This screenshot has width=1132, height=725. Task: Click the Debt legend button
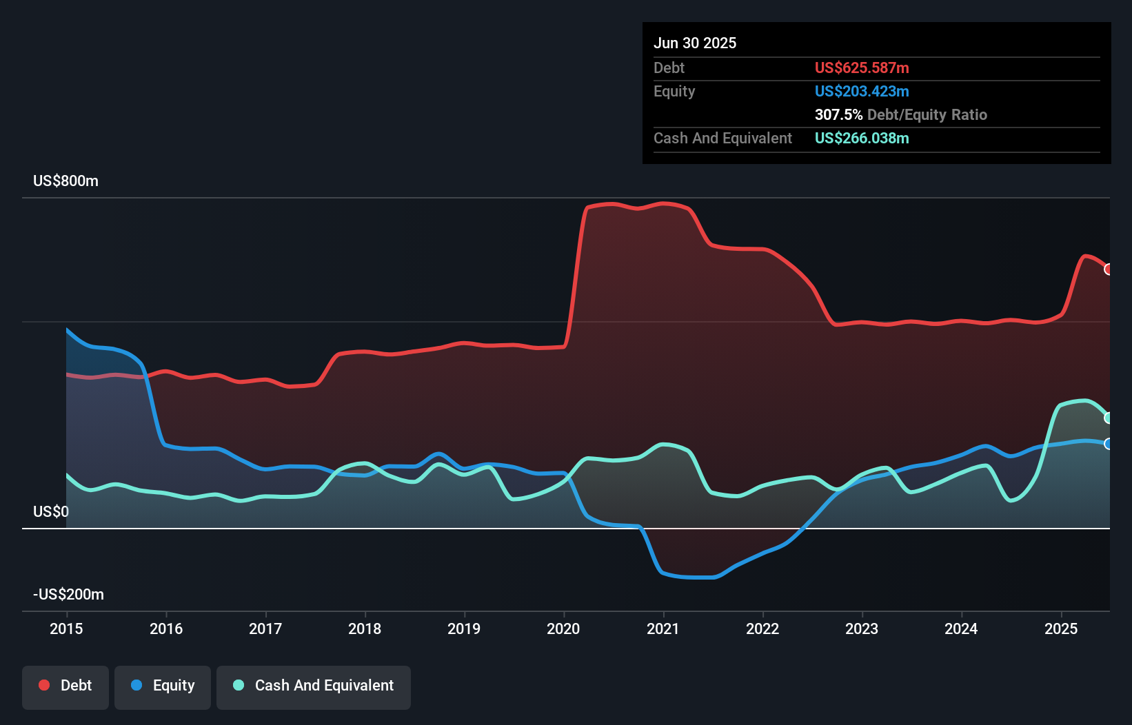65,686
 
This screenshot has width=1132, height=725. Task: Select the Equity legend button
163,686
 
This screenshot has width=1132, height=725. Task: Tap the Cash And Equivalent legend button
314,686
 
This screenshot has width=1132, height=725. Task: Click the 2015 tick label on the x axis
66,629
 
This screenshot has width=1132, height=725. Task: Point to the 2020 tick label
563,629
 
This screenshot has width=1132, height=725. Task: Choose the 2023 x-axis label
862,629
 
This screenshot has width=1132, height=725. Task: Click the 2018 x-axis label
365,629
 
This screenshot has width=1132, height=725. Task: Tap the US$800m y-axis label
65,181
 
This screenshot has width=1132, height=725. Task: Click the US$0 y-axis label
51,511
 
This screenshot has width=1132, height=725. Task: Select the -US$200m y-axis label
68,594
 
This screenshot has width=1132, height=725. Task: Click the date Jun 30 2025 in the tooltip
695,43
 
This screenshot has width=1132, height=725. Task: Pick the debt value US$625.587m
862,68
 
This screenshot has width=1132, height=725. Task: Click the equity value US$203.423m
862,91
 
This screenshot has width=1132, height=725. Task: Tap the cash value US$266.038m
862,138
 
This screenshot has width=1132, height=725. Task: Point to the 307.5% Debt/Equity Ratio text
900,114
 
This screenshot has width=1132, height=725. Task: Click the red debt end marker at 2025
1108,269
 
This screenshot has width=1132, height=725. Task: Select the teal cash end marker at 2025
1108,418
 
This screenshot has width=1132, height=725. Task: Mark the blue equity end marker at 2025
1108,444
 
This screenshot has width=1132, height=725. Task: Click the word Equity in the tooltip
674,91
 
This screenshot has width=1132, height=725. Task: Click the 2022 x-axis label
762,629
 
